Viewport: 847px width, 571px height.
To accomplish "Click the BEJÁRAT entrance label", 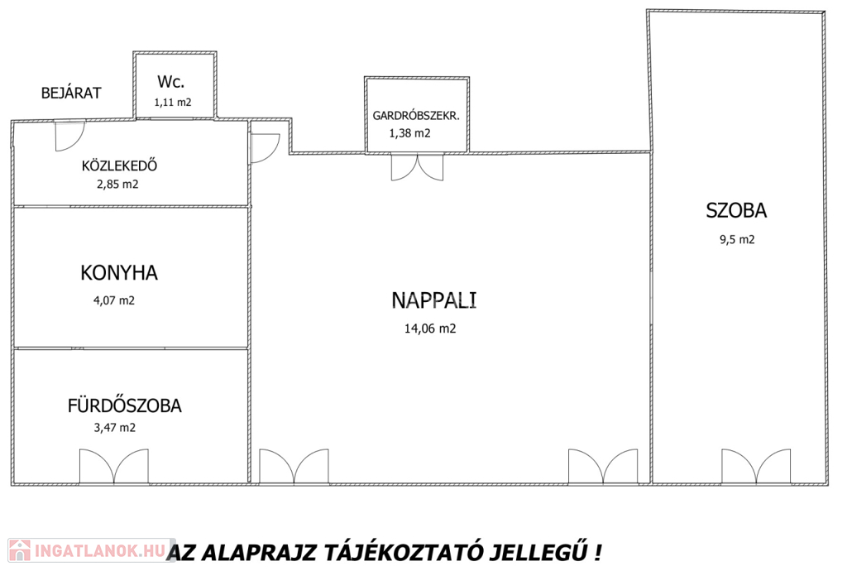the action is (x=71, y=93).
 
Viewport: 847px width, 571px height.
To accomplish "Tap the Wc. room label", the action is (x=170, y=82).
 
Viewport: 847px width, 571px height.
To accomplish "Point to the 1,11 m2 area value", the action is (x=173, y=102).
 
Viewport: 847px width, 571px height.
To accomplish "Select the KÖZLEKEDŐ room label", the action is (x=119, y=165).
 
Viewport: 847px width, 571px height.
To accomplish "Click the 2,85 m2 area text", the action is (x=117, y=185).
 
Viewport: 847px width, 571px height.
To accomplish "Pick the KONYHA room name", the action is (x=119, y=273).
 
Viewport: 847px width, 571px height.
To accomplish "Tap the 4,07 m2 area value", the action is (x=114, y=300).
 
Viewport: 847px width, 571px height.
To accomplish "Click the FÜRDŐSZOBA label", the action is (x=124, y=405).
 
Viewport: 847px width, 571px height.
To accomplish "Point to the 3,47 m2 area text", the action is (x=114, y=428).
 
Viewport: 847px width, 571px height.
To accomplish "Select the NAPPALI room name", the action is (x=433, y=300).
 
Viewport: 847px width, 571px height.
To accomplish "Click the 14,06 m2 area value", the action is (x=430, y=329).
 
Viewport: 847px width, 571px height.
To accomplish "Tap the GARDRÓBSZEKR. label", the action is (x=416, y=116).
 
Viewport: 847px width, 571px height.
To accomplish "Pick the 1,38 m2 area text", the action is (x=410, y=133).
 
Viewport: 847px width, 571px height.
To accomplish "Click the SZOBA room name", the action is (x=736, y=210).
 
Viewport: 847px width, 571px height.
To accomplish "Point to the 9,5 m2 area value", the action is (x=737, y=239).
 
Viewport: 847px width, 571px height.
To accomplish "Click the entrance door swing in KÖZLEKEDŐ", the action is (x=70, y=137).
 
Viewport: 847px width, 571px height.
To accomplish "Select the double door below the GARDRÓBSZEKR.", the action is (x=417, y=167).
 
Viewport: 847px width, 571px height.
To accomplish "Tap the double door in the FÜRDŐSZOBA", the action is (x=114, y=467).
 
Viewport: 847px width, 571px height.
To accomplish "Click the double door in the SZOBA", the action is (x=756, y=467).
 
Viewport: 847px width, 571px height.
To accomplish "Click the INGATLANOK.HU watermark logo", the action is (x=92, y=550).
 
